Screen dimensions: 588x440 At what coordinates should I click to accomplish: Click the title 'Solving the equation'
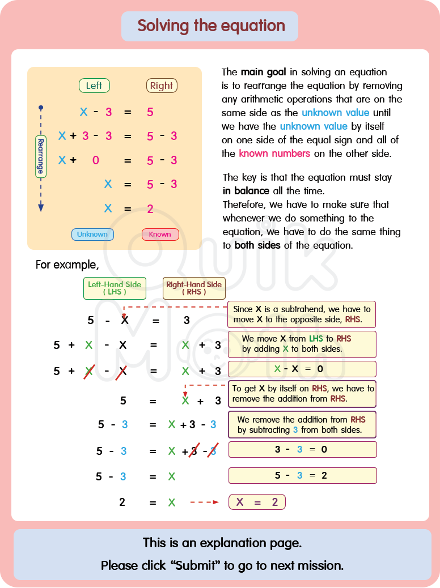point(211,26)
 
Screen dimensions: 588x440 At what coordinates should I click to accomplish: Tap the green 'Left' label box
point(94,86)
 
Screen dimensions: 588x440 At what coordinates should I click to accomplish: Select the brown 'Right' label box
point(162,86)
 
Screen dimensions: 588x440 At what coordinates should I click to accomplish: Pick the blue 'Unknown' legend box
point(92,235)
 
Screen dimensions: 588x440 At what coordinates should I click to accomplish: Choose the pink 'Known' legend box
point(160,235)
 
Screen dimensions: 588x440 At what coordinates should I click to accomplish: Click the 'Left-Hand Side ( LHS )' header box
point(115,288)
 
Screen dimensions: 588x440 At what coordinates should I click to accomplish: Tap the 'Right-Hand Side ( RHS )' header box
point(194,288)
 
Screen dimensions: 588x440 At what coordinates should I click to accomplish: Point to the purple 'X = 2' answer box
point(257,502)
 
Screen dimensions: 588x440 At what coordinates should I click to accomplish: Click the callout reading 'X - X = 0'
point(302,369)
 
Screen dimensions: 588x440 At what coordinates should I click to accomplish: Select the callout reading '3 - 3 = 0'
point(302,450)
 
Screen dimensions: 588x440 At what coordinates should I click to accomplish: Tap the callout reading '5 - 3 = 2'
point(302,475)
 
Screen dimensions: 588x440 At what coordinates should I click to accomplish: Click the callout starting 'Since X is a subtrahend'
point(302,314)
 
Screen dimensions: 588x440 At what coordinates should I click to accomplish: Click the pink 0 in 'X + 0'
point(95,160)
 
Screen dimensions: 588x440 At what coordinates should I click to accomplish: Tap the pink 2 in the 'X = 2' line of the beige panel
point(150,209)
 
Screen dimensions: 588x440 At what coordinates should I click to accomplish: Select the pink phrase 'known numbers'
point(274,154)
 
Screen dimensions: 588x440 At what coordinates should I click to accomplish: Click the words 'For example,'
point(67,265)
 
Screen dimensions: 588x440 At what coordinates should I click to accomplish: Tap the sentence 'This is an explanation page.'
point(222,543)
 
